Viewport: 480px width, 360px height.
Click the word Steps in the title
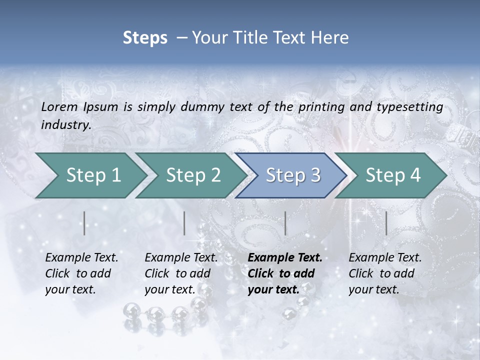coord(145,38)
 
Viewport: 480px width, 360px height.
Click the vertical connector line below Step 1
coord(84,223)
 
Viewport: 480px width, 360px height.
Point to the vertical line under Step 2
coord(184,223)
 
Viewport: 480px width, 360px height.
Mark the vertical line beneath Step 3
coord(285,223)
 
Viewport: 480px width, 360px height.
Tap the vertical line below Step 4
coord(386,223)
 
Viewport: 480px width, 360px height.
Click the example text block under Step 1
coord(81,273)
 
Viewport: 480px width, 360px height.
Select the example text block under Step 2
coord(181,273)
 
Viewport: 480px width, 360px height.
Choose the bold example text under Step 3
coord(285,273)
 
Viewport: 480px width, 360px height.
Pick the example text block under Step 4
coord(385,273)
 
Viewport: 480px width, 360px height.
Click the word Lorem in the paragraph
coord(59,106)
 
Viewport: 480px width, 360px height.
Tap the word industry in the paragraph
coord(65,125)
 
